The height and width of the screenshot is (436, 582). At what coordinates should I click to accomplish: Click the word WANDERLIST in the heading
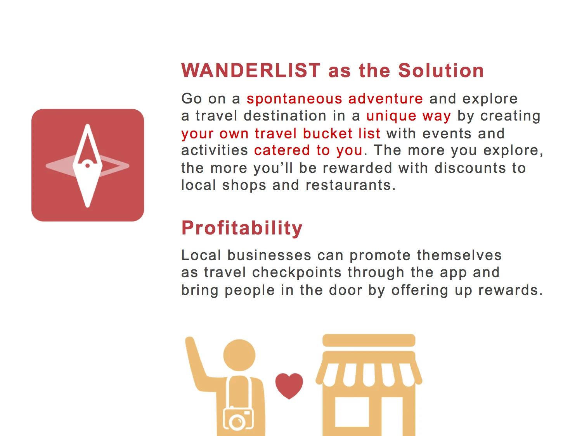[x=251, y=71]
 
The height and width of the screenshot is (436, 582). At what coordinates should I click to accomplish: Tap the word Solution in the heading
[x=441, y=71]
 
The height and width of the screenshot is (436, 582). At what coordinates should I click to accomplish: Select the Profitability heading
[x=242, y=228]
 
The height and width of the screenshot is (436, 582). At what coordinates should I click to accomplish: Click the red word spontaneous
[x=294, y=99]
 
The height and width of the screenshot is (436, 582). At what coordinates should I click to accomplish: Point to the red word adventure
[x=386, y=99]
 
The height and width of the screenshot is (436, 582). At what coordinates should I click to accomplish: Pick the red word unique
[x=391, y=116]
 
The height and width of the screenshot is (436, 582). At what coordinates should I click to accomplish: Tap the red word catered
[x=282, y=150]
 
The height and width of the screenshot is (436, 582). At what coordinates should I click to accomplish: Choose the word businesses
[x=269, y=255]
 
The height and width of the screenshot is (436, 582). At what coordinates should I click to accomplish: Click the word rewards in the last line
[x=509, y=290]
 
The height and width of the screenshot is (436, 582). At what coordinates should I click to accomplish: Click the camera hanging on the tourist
[x=238, y=419]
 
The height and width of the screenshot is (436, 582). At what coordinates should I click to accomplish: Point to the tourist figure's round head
[x=239, y=355]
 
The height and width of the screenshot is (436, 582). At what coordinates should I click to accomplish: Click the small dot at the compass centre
[x=88, y=166]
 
